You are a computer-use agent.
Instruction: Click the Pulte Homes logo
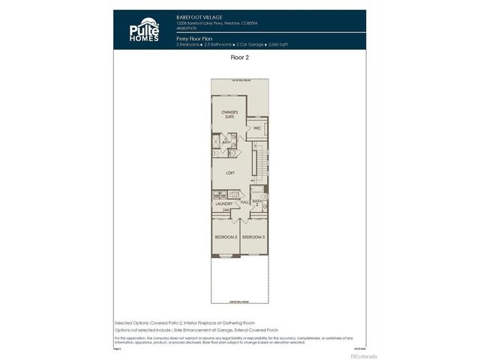pyautogui.click(x=143, y=30)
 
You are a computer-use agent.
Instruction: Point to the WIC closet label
pyautogui.click(x=257, y=128)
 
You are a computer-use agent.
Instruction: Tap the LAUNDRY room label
pyautogui.click(x=224, y=204)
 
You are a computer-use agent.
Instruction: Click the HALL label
pyautogui.click(x=244, y=201)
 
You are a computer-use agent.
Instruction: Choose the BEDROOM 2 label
pyautogui.click(x=226, y=237)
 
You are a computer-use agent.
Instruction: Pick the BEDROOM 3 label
pyautogui.click(x=253, y=237)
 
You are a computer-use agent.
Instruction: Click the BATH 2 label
pyautogui.click(x=256, y=202)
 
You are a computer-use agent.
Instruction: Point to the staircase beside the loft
pyautogui.click(x=259, y=161)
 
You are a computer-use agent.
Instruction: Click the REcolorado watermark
pyautogui.click(x=348, y=356)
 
